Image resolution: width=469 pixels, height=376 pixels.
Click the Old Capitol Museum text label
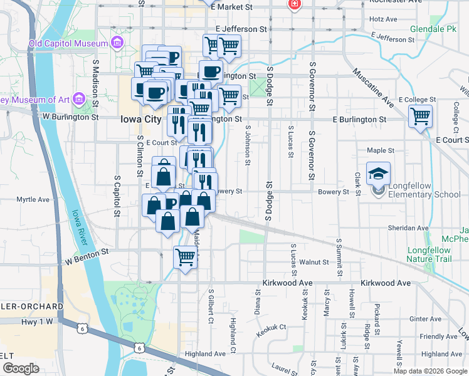68,44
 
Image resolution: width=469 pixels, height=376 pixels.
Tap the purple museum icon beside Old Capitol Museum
116,43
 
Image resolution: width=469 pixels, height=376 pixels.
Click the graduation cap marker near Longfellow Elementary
378,174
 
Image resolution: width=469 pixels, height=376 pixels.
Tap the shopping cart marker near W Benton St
186,257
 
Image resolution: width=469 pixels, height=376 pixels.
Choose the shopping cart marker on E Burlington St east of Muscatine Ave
420,116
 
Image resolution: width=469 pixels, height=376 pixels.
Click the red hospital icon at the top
293,5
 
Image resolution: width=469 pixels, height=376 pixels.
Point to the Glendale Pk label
433,29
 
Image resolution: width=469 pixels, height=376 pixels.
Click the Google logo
20,368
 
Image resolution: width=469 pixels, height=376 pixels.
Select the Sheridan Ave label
408,228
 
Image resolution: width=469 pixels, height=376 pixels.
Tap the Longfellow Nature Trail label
429,254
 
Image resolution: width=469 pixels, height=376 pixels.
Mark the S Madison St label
96,78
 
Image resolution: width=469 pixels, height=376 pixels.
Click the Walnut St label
314,262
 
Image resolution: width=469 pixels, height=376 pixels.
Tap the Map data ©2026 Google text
430,371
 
